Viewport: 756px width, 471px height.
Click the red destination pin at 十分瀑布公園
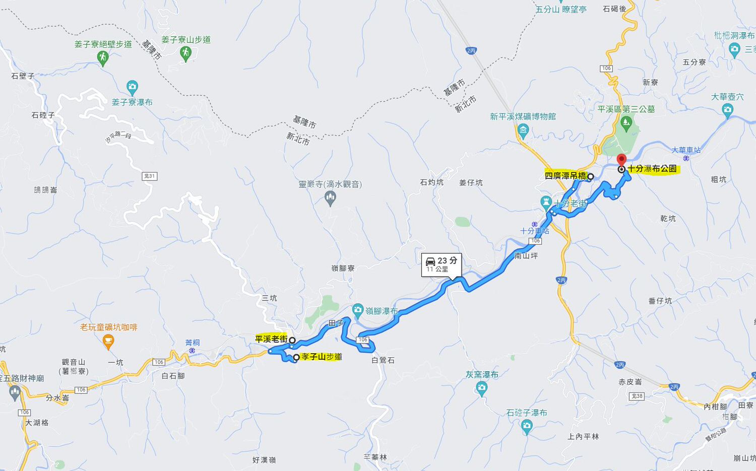tap(621, 159)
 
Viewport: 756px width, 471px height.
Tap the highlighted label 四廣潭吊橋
tap(565, 176)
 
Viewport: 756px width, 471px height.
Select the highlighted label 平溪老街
tap(271, 340)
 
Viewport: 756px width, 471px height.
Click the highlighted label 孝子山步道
tap(322, 357)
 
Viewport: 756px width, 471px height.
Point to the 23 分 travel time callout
tap(442, 264)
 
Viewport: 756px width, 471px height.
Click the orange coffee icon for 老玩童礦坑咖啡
tap(108, 342)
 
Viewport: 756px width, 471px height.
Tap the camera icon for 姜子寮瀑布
tap(132, 87)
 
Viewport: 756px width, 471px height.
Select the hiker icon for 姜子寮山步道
tap(185, 53)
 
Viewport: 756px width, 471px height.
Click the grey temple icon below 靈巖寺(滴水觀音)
tap(330, 198)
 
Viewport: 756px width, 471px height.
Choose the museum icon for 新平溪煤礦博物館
tap(523, 132)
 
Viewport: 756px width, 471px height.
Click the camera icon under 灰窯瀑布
tap(481, 388)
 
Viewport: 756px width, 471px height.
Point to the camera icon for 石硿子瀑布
tap(527, 427)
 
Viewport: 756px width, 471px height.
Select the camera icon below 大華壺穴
tap(727, 109)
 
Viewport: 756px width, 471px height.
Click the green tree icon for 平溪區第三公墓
tap(626, 122)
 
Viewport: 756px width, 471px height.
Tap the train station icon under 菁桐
tap(192, 351)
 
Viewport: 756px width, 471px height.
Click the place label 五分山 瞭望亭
tap(561, 9)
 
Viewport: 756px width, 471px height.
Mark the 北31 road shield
tap(150, 176)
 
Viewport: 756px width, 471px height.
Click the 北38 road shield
tap(638, 396)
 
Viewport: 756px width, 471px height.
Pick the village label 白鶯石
tap(383, 360)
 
